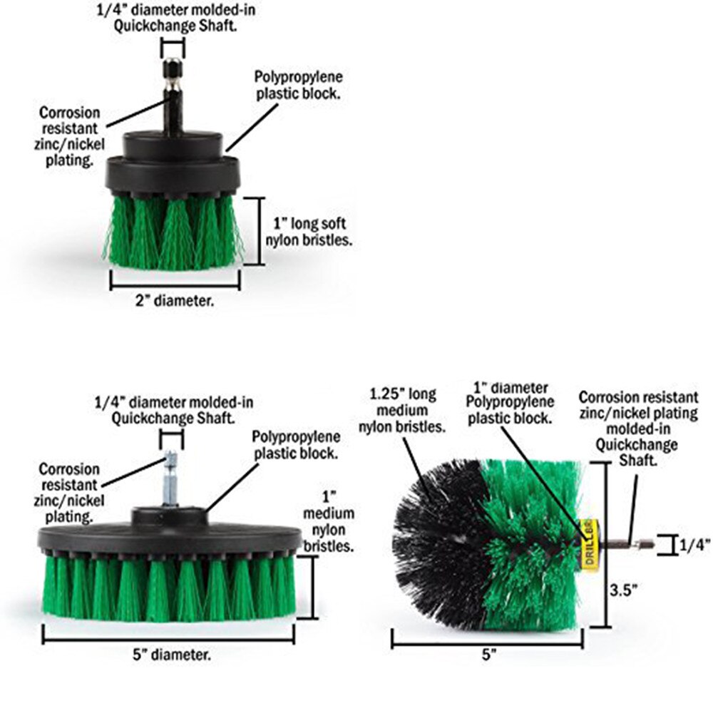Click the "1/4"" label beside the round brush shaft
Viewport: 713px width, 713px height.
(x=694, y=545)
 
